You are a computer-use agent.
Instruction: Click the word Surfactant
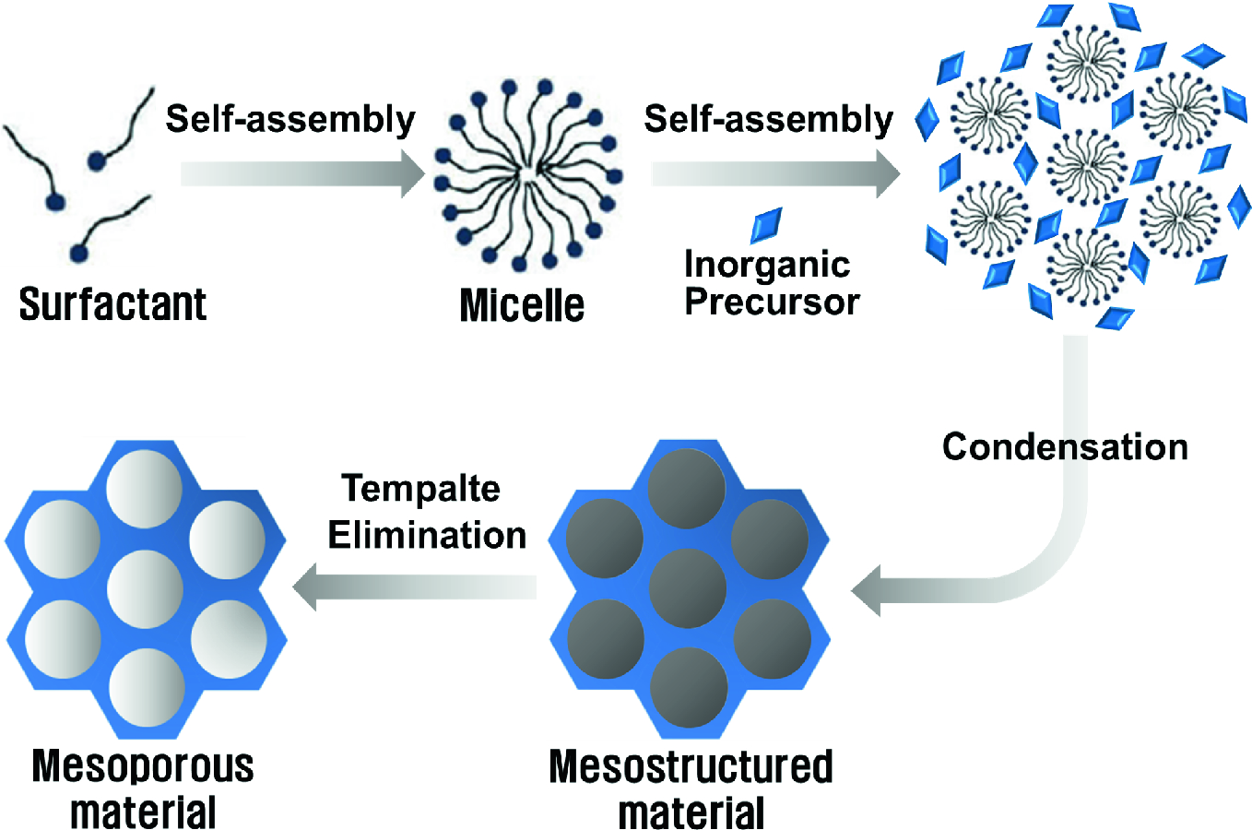pyautogui.click(x=112, y=304)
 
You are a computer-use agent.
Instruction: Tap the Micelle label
pyautogui.click(x=522, y=305)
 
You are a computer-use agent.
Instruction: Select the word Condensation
pyautogui.click(x=1065, y=447)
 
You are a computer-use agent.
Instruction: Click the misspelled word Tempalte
pyautogui.click(x=420, y=489)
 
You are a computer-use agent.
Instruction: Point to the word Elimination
pyautogui.click(x=427, y=536)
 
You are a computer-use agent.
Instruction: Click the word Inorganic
pyautogui.click(x=767, y=265)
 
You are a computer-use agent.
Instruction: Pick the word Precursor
pyautogui.click(x=772, y=302)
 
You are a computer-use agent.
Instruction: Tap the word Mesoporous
pyautogui.click(x=143, y=766)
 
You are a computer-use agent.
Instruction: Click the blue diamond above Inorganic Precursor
pyautogui.click(x=766, y=224)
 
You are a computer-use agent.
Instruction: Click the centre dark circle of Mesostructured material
pyautogui.click(x=688, y=587)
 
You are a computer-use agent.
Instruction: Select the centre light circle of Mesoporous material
pyautogui.click(x=146, y=588)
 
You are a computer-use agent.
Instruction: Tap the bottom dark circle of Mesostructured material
pyautogui.click(x=689, y=687)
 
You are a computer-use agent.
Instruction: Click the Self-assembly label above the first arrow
pyautogui.click(x=290, y=120)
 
